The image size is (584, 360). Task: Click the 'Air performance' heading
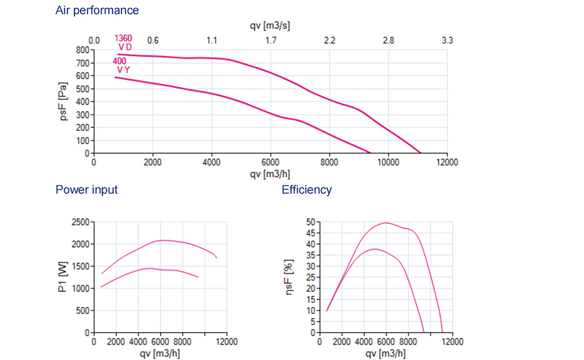tap(97, 11)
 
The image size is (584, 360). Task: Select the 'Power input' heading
tap(86, 190)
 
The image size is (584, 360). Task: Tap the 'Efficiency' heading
tap(307, 190)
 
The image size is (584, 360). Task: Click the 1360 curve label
tap(123, 39)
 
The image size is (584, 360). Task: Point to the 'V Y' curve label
tap(123, 70)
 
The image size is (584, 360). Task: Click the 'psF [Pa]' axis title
tap(64, 101)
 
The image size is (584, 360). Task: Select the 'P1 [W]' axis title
tap(64, 276)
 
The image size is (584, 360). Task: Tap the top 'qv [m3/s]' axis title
tap(270, 26)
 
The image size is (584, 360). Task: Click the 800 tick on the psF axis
tap(81, 50)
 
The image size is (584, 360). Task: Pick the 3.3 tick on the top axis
tap(447, 40)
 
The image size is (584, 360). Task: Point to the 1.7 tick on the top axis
tap(270, 40)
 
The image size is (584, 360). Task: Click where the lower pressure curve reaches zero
tap(371, 153)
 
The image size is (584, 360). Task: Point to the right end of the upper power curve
tap(217, 258)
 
